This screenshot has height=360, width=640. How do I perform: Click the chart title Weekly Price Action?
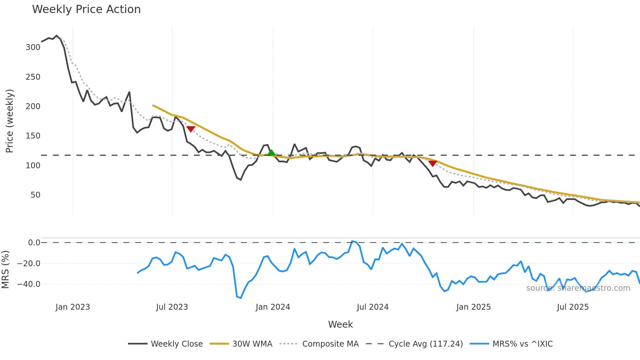pyautogui.click(x=86, y=9)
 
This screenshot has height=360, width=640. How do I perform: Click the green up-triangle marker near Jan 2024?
pyautogui.click(x=271, y=153)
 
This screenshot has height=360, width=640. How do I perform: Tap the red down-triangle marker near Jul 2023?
pyautogui.click(x=191, y=129)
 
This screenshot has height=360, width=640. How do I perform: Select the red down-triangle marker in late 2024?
pyautogui.click(x=433, y=163)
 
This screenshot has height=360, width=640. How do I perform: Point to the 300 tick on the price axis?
pyautogui.click(x=33, y=47)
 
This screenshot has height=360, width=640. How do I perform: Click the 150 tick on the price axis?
pyautogui.click(x=33, y=136)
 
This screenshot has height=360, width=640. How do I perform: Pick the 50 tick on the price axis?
pyautogui.click(x=35, y=195)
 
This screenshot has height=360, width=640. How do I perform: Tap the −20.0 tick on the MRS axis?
pyautogui.click(x=29, y=264)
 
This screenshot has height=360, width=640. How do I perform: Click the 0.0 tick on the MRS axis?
pyautogui.click(x=34, y=243)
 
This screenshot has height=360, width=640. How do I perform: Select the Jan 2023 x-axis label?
pyautogui.click(x=72, y=307)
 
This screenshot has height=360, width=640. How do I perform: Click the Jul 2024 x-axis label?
pyautogui.click(x=373, y=307)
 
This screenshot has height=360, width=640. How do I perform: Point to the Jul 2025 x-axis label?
pyautogui.click(x=573, y=307)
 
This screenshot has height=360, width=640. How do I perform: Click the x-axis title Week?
pyautogui.click(x=340, y=324)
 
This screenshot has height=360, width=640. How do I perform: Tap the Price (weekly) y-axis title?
pyautogui.click(x=10, y=121)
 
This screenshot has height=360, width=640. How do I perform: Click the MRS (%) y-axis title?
pyautogui.click(x=6, y=270)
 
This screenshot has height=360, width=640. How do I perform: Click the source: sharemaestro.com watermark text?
pyautogui.click(x=578, y=288)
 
